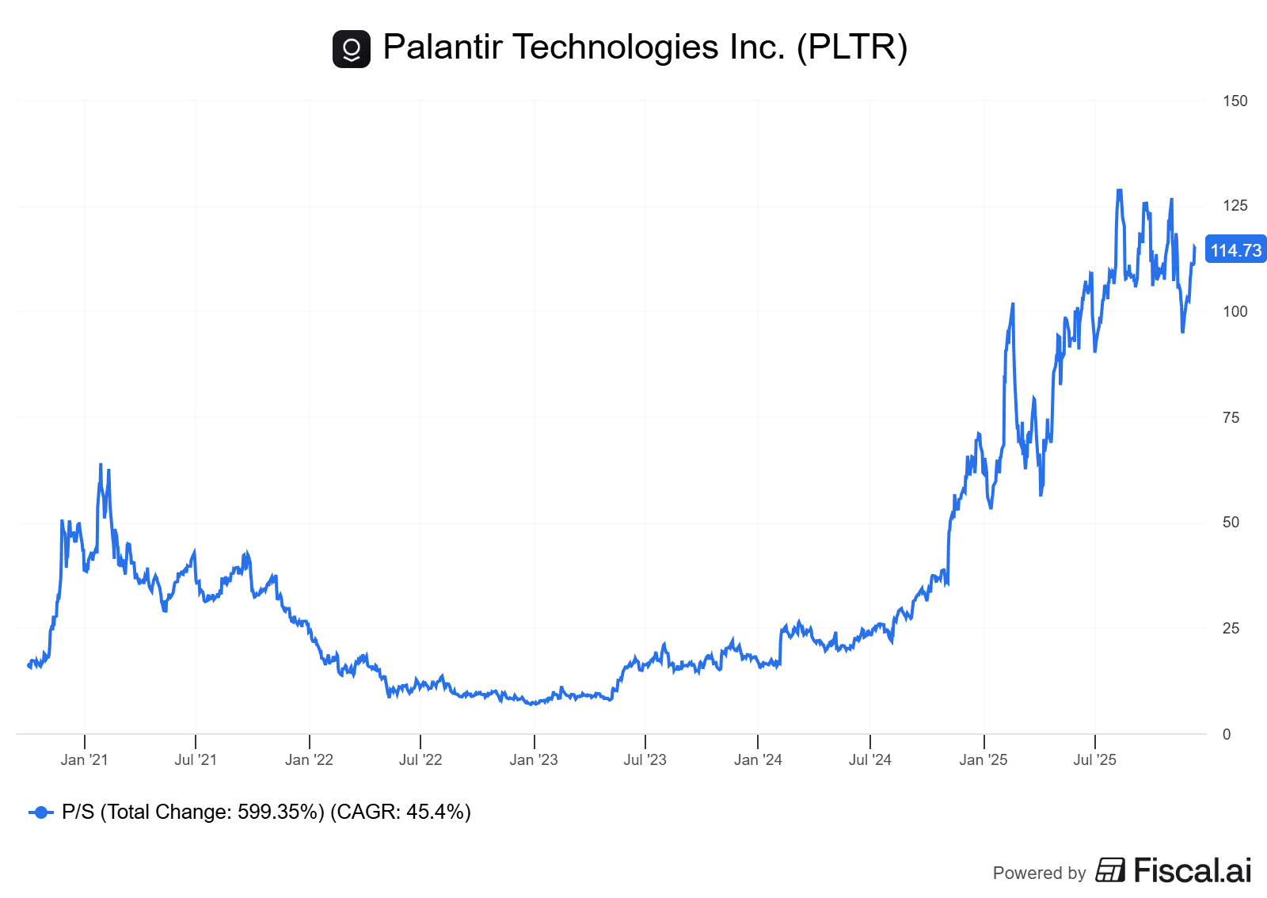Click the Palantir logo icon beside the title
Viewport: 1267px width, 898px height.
pyautogui.click(x=351, y=49)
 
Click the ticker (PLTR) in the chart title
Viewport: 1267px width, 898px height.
pyautogui.click(x=852, y=47)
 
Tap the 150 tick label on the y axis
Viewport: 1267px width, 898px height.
pyautogui.click(x=1235, y=101)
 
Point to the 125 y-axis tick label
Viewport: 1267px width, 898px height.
pyautogui.click(x=1235, y=206)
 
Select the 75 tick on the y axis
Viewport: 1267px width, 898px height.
pyautogui.click(x=1231, y=417)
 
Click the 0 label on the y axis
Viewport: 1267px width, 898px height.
pyautogui.click(x=1227, y=734)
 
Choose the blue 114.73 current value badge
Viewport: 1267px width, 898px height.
pyautogui.click(x=1235, y=250)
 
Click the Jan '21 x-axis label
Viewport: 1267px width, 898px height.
pyautogui.click(x=84, y=759)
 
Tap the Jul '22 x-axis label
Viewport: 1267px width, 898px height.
pyautogui.click(x=420, y=759)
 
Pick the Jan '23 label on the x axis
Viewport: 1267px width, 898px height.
pyautogui.click(x=534, y=759)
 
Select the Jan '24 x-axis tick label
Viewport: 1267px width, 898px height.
pyautogui.click(x=758, y=759)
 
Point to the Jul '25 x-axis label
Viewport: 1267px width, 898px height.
pyautogui.click(x=1094, y=759)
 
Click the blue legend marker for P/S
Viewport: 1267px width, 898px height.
pyautogui.click(x=40, y=812)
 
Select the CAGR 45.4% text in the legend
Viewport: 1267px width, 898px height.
pyautogui.click(x=400, y=812)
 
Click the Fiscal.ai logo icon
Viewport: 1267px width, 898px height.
pyautogui.click(x=1110, y=870)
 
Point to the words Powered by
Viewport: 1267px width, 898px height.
pyautogui.click(x=1039, y=873)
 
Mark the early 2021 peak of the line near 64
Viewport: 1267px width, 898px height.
pyautogui.click(x=101, y=465)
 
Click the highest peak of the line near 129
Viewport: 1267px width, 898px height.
pyautogui.click(x=1119, y=190)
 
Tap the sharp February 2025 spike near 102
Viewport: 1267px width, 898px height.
pyautogui.click(x=1013, y=304)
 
